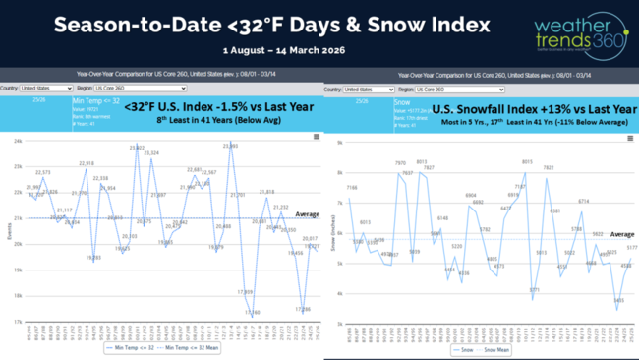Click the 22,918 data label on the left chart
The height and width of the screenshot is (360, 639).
87,163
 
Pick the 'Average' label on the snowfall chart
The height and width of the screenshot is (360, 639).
621,234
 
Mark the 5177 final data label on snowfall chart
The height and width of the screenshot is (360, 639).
630,248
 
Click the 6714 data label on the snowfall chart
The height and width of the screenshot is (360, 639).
583,201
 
